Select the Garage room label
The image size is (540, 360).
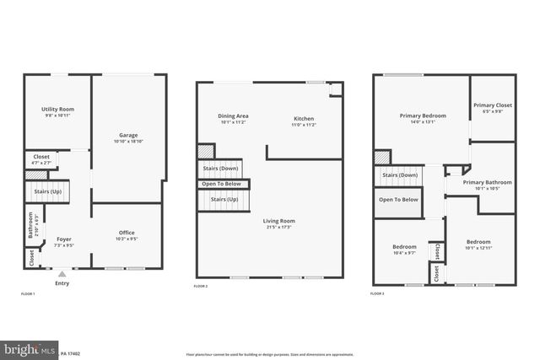click(128, 135)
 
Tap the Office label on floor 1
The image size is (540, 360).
click(127, 234)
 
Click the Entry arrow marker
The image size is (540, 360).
click(60, 274)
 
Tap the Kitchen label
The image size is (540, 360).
click(304, 118)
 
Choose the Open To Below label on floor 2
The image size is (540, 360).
click(221, 184)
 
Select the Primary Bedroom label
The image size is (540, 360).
click(423, 116)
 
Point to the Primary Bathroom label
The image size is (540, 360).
click(487, 182)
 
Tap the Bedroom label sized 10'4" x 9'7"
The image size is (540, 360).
click(404, 247)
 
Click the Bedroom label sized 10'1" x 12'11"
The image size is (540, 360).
click(478, 242)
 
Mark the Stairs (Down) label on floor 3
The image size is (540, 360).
click(400, 175)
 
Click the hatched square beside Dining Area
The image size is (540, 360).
click(205, 151)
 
